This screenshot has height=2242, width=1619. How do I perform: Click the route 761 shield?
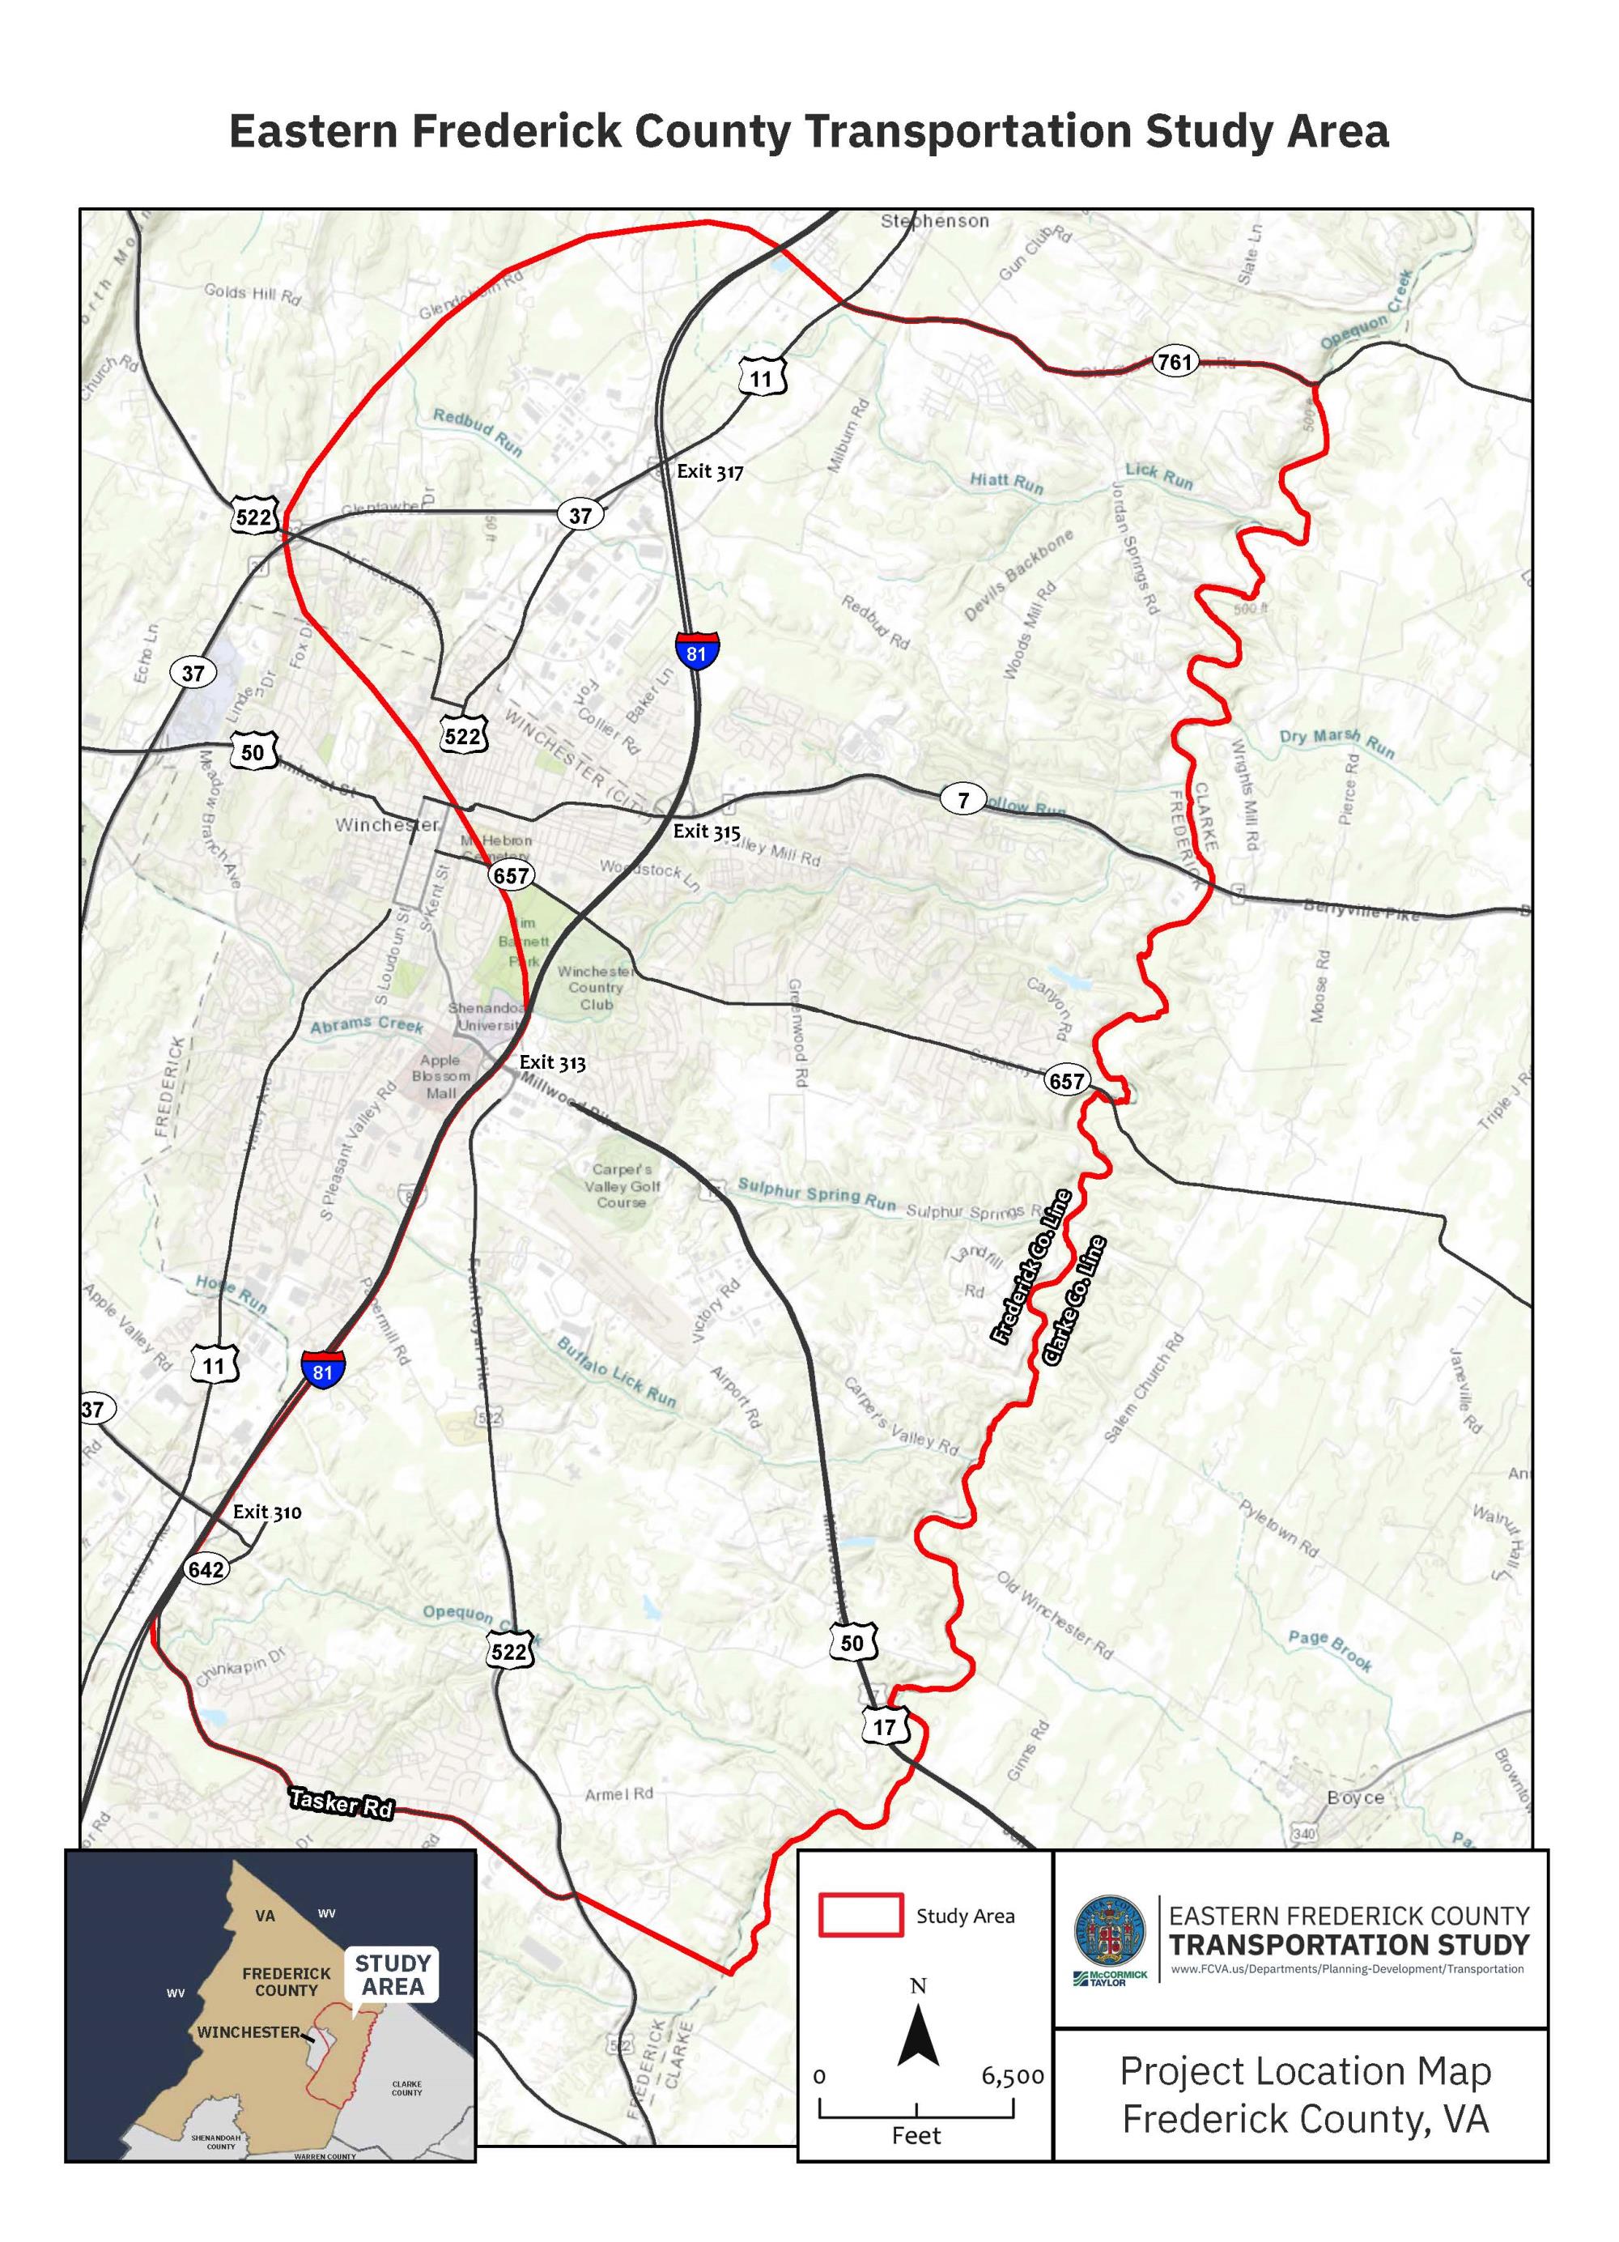pos(1175,362)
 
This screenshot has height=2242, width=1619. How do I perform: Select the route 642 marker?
pos(206,1569)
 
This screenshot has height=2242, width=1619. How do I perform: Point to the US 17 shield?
pos(884,1727)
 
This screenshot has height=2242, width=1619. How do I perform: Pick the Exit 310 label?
pos(267,1512)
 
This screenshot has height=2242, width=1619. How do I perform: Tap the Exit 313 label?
pos(553,1062)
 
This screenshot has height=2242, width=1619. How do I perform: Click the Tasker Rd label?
pos(341,1802)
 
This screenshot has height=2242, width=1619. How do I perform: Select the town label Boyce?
pos(1355,1798)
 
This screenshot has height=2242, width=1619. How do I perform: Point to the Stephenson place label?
pos(934,220)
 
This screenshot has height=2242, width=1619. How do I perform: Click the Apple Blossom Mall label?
pos(441,1077)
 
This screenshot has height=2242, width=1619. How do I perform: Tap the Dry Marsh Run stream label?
pos(1336,742)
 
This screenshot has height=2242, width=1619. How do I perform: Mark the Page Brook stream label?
pos(1329,1650)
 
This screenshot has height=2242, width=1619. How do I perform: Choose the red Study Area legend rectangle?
pos(860,1915)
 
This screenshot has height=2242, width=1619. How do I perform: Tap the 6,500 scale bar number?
pos(1012,2076)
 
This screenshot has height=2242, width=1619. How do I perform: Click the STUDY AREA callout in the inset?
pos(393,1974)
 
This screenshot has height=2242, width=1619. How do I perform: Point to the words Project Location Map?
pos(1305,2071)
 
